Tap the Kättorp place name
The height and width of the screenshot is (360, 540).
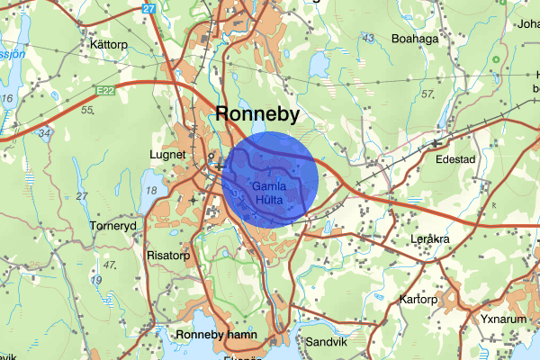(x=106, y=43)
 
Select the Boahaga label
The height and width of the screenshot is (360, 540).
(x=416, y=39)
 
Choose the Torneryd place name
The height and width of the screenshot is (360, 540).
(x=112, y=225)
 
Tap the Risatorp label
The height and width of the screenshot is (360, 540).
(x=168, y=255)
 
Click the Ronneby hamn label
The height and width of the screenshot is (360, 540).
(x=217, y=335)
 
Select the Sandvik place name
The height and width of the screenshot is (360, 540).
(x=326, y=343)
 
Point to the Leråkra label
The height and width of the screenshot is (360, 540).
(x=428, y=239)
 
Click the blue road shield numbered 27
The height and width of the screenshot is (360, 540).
(x=148, y=8)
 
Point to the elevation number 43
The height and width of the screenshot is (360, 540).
(x=367, y=37)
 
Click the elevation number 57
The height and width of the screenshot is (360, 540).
(x=427, y=94)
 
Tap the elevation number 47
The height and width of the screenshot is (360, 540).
(x=111, y=265)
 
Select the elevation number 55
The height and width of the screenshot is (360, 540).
(x=87, y=110)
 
